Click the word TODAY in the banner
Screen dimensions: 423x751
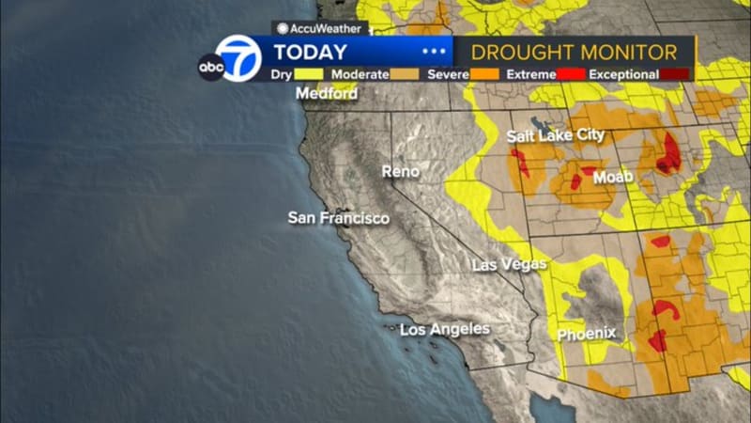pos(310,53)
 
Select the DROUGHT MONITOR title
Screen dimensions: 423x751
pos(574,52)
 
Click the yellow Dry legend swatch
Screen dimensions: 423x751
pos(310,74)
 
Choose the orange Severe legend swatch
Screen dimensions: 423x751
pos(483,74)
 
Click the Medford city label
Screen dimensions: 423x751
pos(326,93)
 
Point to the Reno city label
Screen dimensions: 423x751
pos(401,171)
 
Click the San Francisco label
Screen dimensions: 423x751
pos(338,218)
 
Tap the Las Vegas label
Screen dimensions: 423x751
pos(510,264)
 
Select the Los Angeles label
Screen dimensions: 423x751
pos(445,329)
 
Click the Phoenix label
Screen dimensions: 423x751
pos(587,334)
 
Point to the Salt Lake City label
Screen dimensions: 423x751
pos(556,135)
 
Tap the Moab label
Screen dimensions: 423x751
pos(612,177)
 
